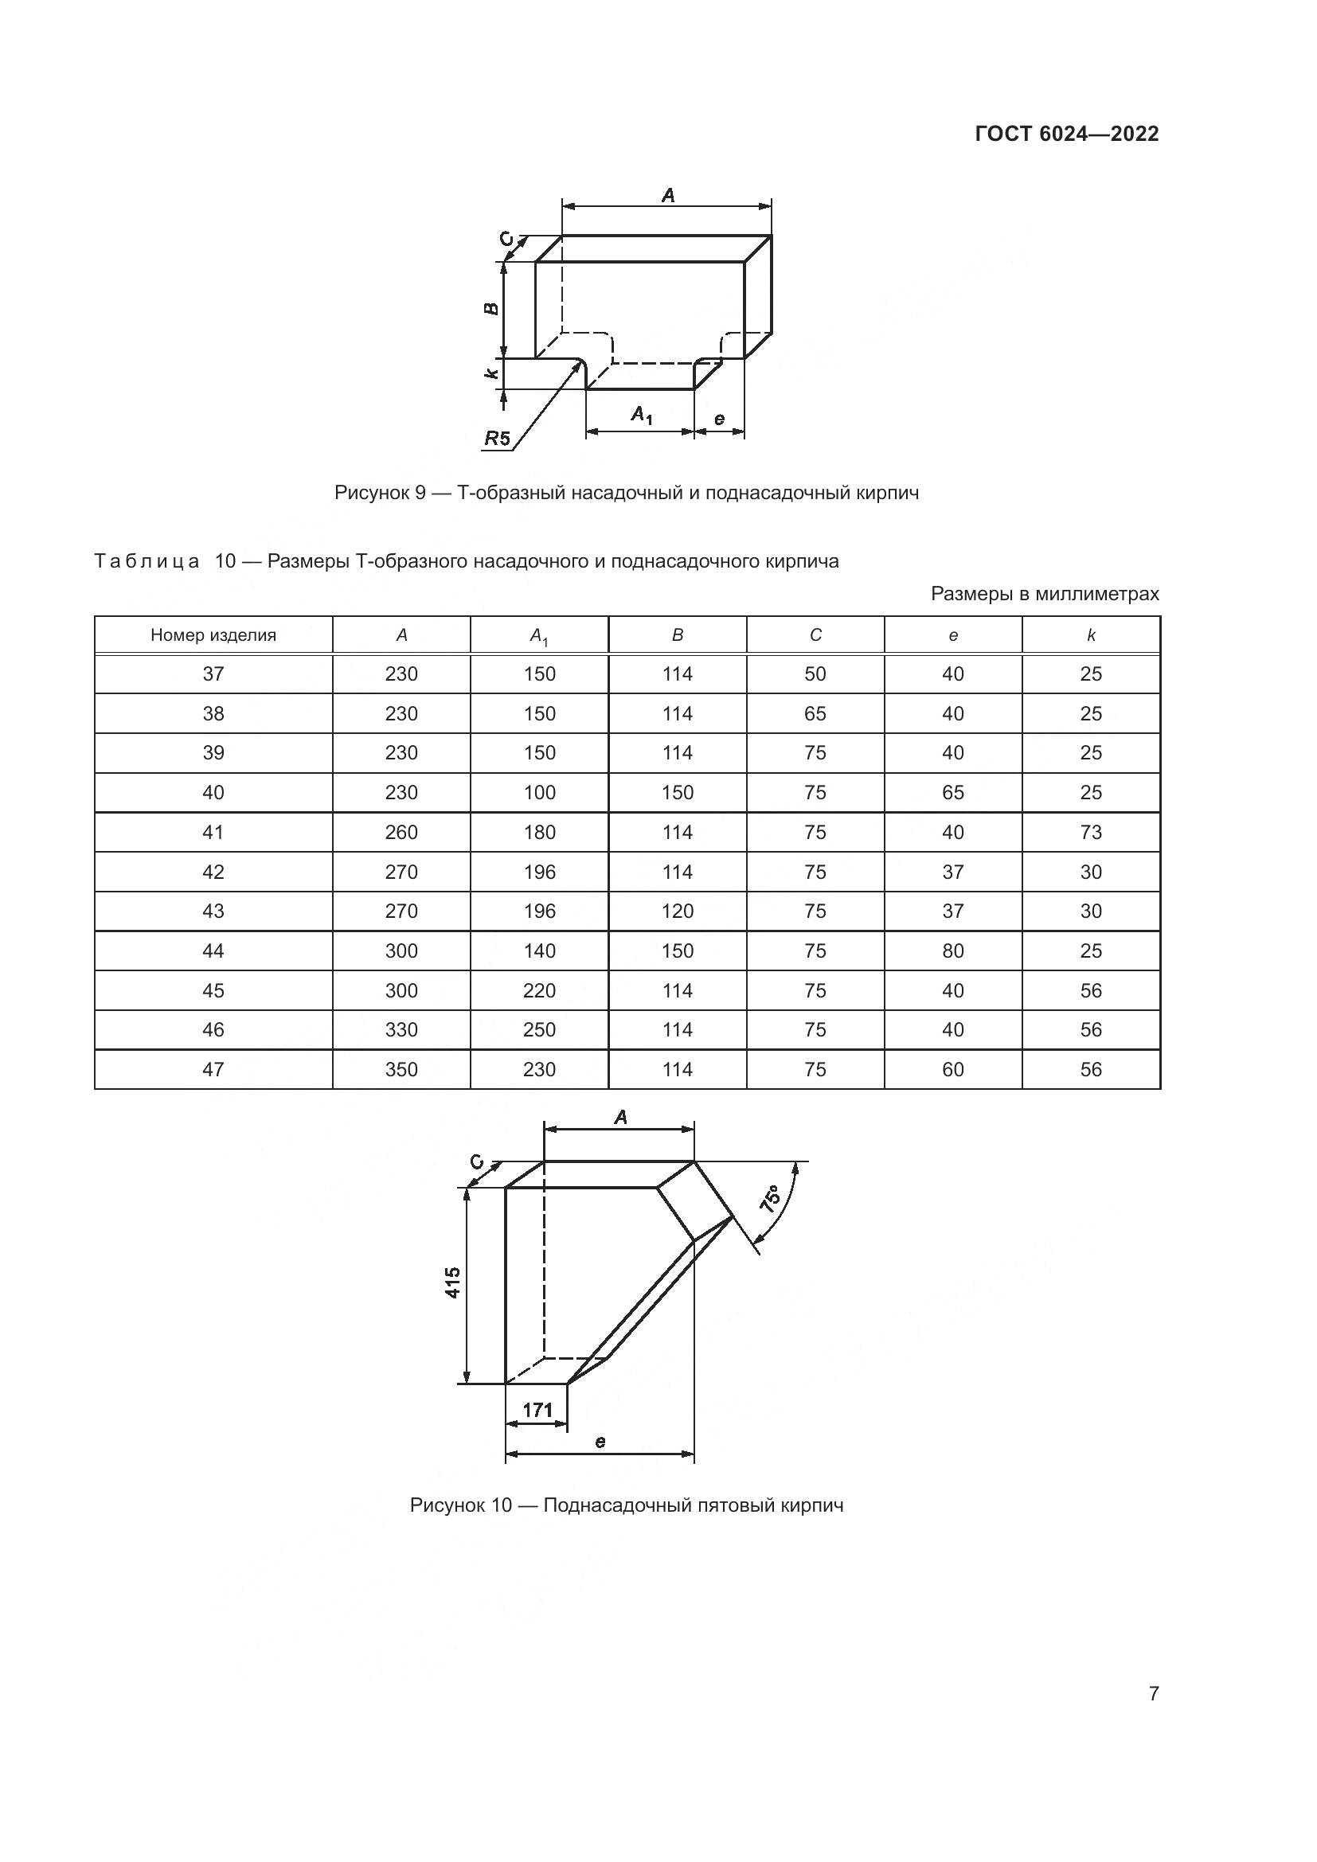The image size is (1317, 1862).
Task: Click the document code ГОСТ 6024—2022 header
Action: [1066, 134]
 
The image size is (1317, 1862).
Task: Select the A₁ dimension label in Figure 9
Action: [642, 416]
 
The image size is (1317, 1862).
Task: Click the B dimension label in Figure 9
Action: [490, 309]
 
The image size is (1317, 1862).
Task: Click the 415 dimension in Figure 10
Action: [452, 1282]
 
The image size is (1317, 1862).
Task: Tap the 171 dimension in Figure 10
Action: [537, 1410]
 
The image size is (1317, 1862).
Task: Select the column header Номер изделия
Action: [213, 635]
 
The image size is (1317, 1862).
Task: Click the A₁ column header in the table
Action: [539, 637]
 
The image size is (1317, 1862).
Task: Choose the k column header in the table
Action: [1091, 635]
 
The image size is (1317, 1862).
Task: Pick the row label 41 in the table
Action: [213, 832]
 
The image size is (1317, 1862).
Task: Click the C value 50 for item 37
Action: [815, 674]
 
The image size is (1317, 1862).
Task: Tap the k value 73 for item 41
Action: [1091, 832]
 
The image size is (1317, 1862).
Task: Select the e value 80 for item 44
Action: [953, 951]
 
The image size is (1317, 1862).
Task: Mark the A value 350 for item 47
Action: [401, 1070]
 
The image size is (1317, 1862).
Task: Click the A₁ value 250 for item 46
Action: [539, 1030]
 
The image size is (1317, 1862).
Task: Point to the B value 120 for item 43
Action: [677, 911]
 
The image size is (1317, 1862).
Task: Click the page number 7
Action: [1153, 1693]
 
